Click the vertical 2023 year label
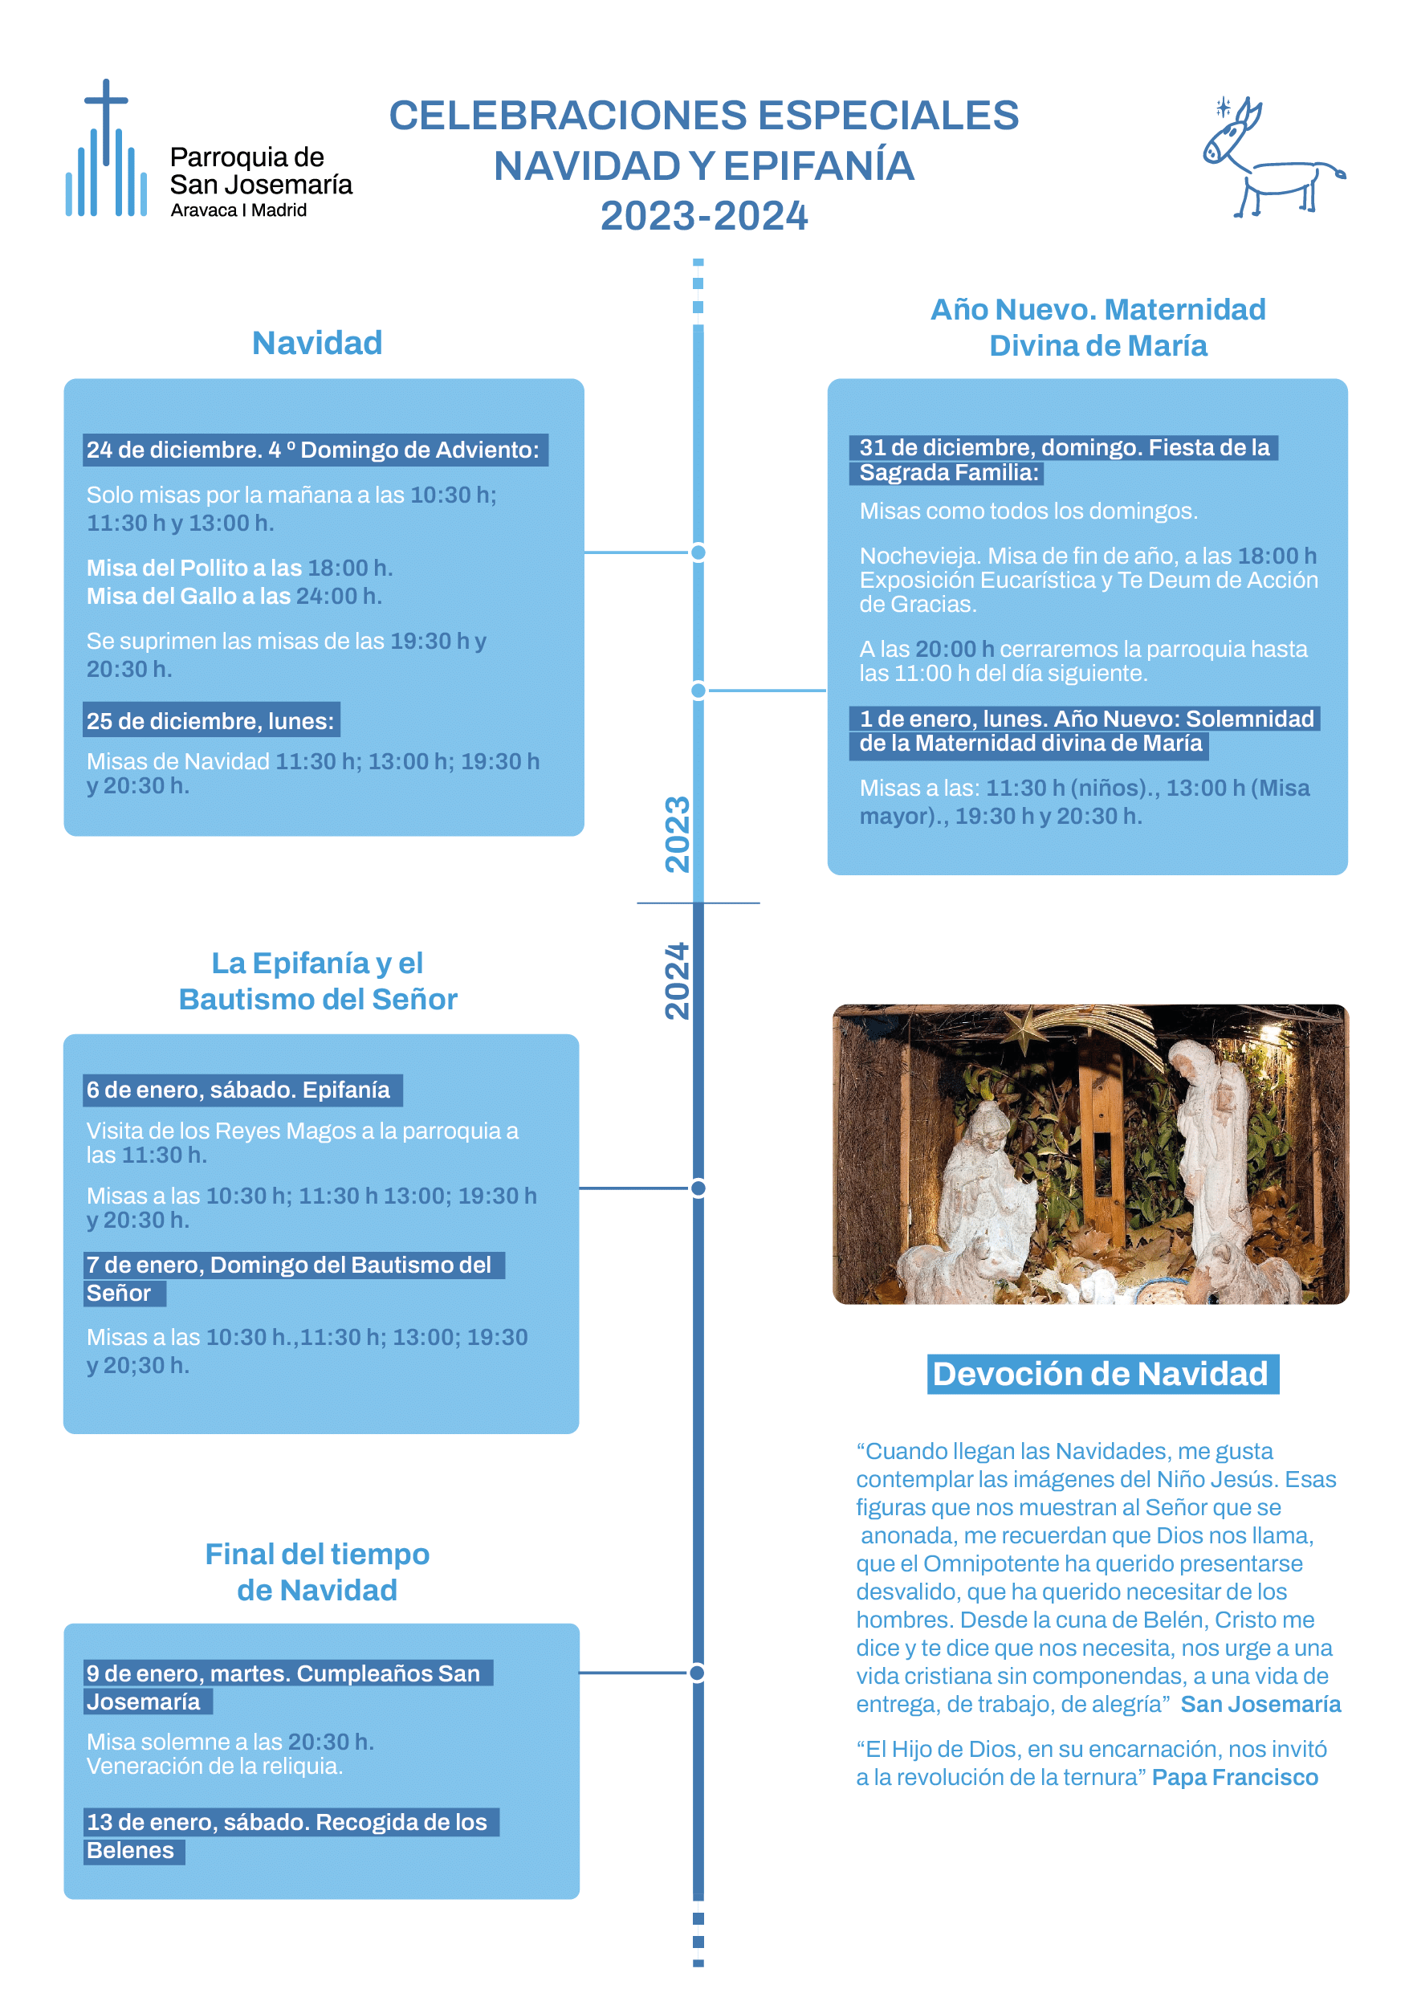(677, 833)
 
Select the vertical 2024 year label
(677, 981)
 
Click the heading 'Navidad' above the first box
(317, 343)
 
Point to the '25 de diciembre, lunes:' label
(210, 720)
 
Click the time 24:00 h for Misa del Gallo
(339, 597)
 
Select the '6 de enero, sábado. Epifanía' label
(238, 1090)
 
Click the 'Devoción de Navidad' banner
(1101, 1374)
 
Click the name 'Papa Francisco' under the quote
(1235, 1777)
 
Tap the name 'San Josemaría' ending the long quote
(1260, 1704)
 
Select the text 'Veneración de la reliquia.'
(214, 1766)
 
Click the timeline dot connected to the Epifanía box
(698, 1188)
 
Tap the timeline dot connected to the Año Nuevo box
(698, 690)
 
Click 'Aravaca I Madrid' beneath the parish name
(238, 210)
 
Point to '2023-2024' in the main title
(703, 216)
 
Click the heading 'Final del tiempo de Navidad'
(317, 1571)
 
